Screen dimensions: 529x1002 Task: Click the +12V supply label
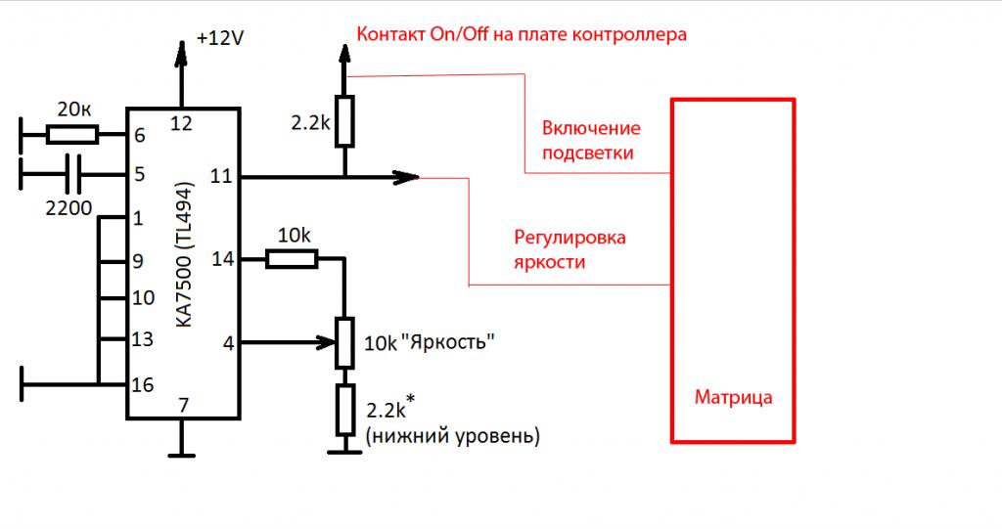point(219,38)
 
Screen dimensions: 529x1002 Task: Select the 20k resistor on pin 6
point(74,134)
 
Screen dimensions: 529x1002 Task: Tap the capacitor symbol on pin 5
point(71,175)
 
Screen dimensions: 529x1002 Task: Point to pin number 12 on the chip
point(181,122)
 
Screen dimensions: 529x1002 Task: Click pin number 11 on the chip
point(221,177)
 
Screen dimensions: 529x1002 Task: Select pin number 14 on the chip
point(222,259)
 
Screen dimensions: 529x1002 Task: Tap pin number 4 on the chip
point(228,342)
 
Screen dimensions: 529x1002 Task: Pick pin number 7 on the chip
point(181,405)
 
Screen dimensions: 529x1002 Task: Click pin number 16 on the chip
point(143,384)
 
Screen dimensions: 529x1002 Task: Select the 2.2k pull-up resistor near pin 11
point(343,121)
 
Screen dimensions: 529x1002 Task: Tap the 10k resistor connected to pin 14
point(292,258)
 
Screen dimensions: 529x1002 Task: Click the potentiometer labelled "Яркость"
point(344,342)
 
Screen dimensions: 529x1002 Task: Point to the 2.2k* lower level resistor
point(344,410)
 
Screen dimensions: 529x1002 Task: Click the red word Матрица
point(733,398)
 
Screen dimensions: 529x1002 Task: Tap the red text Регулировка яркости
point(569,250)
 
